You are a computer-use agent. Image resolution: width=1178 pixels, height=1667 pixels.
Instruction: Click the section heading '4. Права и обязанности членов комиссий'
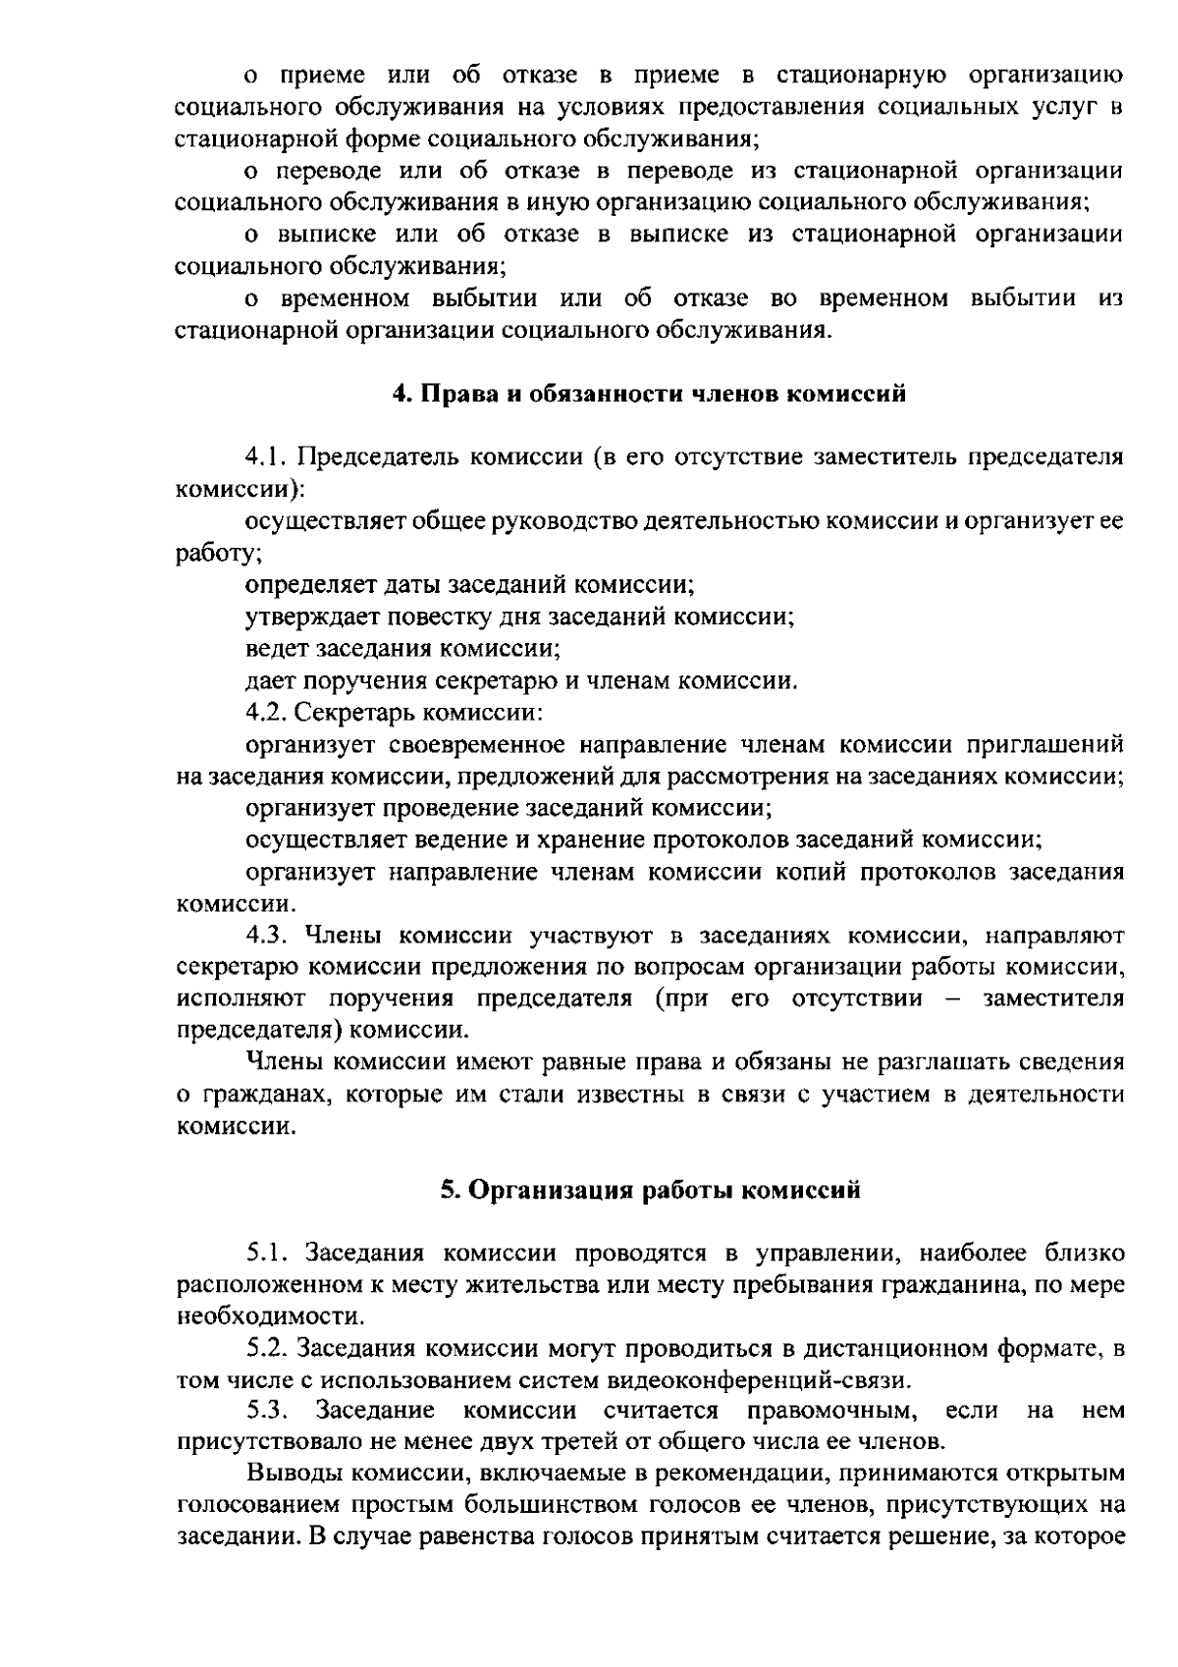coord(649,395)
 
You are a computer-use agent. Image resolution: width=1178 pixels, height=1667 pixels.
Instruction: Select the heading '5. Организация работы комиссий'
coord(650,1190)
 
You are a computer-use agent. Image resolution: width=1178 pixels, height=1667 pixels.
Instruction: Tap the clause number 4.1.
coord(265,457)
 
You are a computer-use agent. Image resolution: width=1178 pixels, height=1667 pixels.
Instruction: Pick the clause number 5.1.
coord(266,1254)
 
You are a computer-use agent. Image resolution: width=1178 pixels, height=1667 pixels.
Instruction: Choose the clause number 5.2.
coord(266,1349)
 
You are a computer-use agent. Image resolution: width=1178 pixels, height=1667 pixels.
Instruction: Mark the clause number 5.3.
coord(266,1412)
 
